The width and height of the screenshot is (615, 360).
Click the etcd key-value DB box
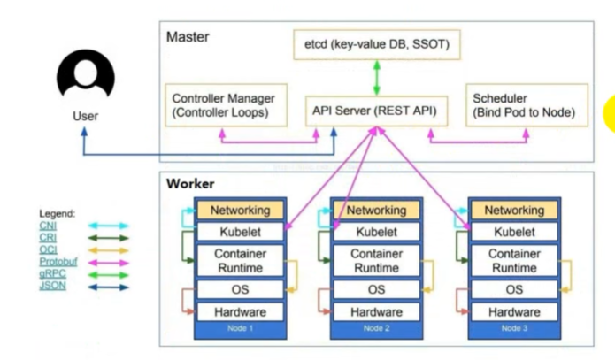(x=377, y=45)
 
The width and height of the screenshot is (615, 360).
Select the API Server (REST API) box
(x=377, y=111)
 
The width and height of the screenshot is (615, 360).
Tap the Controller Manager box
(x=227, y=105)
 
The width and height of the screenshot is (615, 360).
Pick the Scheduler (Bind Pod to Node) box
(x=527, y=105)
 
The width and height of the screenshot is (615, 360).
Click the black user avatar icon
(x=86, y=75)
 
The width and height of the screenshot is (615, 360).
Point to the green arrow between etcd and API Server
(x=377, y=78)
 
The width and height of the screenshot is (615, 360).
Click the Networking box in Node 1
(x=240, y=211)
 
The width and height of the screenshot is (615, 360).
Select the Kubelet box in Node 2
(x=377, y=232)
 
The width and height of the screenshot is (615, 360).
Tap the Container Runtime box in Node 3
(x=514, y=261)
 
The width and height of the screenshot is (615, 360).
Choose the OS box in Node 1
(x=240, y=290)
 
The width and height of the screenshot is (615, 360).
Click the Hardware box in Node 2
(x=377, y=312)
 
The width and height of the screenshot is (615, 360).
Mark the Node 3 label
(x=514, y=328)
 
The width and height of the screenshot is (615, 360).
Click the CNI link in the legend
(x=48, y=226)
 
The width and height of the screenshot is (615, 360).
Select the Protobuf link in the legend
(x=58, y=262)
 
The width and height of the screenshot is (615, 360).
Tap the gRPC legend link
(x=52, y=273)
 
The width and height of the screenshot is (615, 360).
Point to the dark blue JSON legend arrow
(x=108, y=287)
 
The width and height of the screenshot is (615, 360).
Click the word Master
(x=188, y=37)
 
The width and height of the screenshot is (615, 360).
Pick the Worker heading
(x=190, y=183)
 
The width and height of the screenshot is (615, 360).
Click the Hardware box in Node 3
(x=514, y=312)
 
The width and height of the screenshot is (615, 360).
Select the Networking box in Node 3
(x=514, y=211)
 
